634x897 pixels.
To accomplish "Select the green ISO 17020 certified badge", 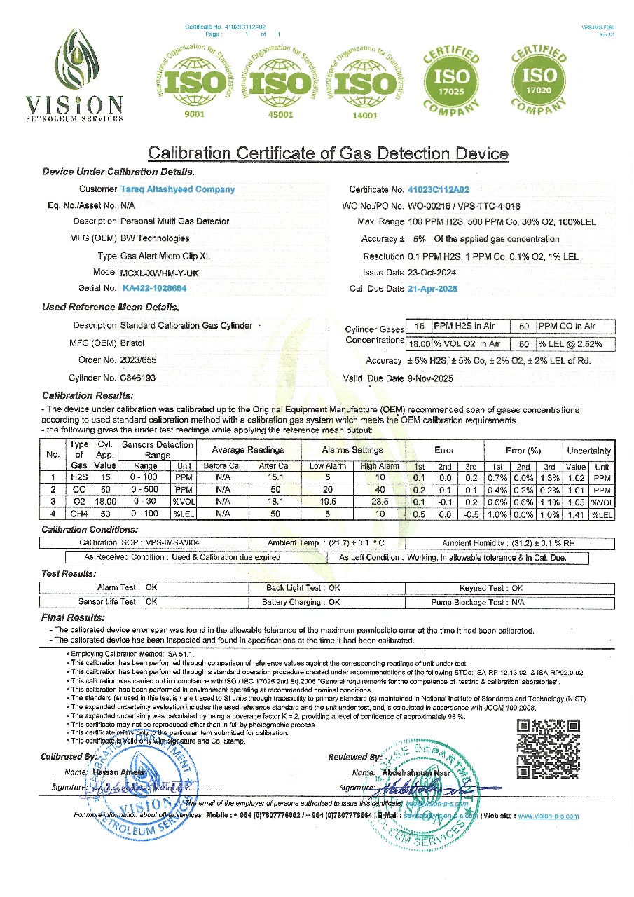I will coord(539,76).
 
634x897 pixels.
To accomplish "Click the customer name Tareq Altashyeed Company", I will coord(178,189).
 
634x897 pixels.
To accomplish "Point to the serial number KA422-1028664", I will coord(154,288).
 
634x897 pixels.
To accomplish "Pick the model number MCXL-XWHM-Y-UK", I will coord(160,272).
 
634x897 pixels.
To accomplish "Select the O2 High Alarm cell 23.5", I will coord(380,502).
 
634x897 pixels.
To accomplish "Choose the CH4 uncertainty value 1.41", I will coord(576,514).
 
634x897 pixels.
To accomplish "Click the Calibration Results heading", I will coord(87,396).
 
